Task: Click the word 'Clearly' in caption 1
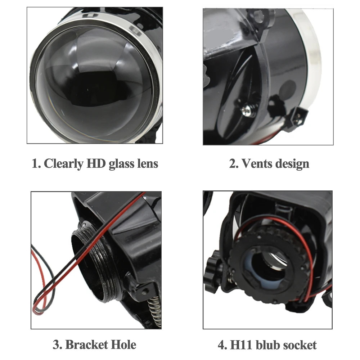(x=63, y=164)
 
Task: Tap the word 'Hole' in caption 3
(x=124, y=345)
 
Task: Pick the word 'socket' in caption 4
(x=300, y=345)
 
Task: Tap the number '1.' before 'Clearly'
(x=36, y=164)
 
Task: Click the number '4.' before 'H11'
(x=222, y=345)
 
